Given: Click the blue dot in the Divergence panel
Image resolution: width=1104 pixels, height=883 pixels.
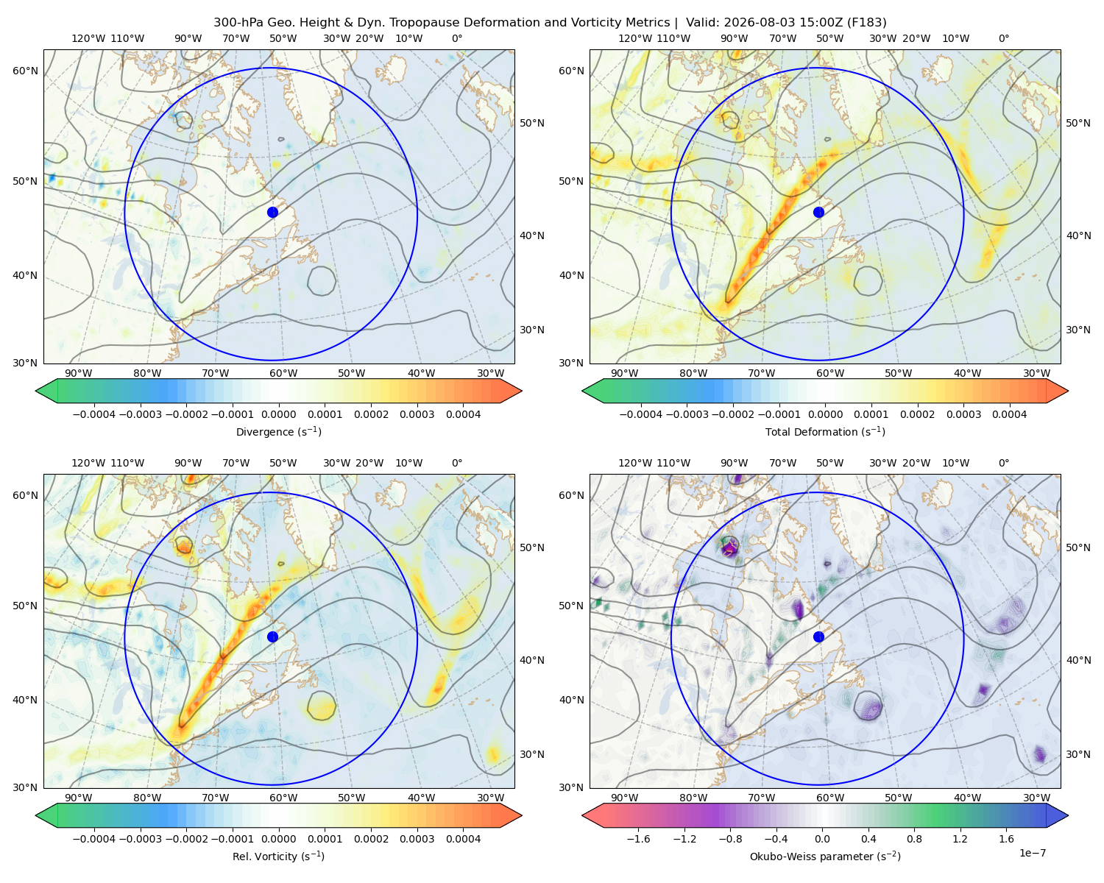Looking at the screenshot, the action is pyautogui.click(x=272, y=212).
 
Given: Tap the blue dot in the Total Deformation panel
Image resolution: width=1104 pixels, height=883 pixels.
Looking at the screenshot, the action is pyautogui.click(x=818, y=212).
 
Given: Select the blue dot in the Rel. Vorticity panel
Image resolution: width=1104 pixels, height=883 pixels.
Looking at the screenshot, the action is pyautogui.click(x=272, y=636).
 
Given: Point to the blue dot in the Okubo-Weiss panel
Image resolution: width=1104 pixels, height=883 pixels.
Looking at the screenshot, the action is pyautogui.click(x=818, y=636).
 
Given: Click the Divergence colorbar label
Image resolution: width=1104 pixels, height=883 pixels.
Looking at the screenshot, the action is pyautogui.click(x=278, y=431).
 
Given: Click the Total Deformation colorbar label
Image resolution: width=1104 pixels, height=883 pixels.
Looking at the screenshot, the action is pyautogui.click(x=825, y=431).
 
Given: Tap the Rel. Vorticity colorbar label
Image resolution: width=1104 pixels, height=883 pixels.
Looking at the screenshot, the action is pyautogui.click(x=278, y=856).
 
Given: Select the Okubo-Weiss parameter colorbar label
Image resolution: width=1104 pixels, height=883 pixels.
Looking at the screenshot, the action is pyautogui.click(x=825, y=856).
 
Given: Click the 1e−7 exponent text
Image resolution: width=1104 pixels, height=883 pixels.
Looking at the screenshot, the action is pyautogui.click(x=1032, y=853).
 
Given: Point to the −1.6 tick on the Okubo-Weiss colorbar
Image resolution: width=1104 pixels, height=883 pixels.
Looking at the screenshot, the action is pyautogui.click(x=638, y=838).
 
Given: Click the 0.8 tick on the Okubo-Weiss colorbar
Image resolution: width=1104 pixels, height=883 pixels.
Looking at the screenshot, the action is pyautogui.click(x=914, y=838).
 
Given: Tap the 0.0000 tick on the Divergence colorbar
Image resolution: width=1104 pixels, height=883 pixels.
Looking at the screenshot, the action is pyautogui.click(x=278, y=414).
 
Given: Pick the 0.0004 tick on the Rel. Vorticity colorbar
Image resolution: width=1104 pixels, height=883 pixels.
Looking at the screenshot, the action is pyautogui.click(x=463, y=838).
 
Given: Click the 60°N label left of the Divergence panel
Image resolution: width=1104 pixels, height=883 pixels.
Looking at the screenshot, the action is pyautogui.click(x=25, y=71).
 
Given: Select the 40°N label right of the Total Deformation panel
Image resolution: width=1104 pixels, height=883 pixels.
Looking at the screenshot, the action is pyautogui.click(x=1078, y=235).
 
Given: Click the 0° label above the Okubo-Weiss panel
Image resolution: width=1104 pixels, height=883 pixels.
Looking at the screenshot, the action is pyautogui.click(x=1003, y=463).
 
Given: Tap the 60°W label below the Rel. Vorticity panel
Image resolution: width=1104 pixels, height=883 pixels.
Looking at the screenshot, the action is pyautogui.click(x=283, y=798).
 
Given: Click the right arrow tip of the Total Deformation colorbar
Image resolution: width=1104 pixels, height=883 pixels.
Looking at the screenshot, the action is pyautogui.click(x=1068, y=391).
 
